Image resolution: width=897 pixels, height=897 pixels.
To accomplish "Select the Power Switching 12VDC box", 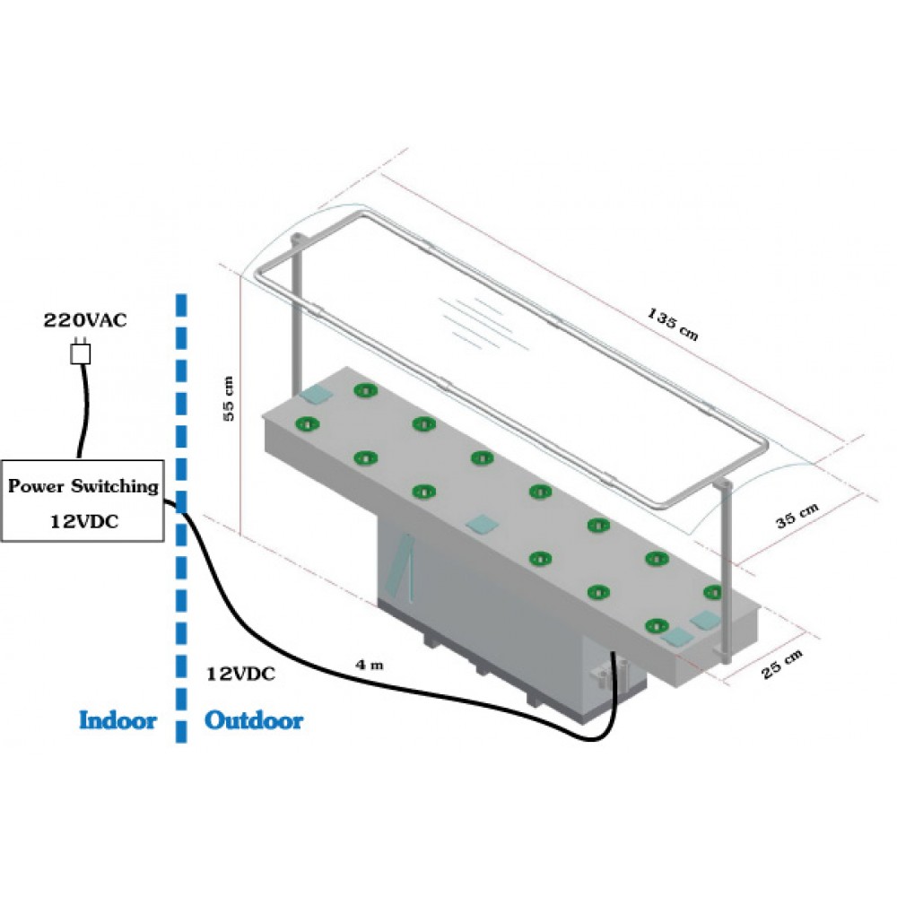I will [83, 501].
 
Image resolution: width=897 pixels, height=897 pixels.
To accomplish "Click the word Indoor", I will [118, 720].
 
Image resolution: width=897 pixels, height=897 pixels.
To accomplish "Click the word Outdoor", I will [254, 720].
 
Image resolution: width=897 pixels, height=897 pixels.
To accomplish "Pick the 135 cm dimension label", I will [672, 324].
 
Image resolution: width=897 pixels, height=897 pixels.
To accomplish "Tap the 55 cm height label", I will [230, 398].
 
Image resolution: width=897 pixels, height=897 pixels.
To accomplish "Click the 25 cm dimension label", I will [783, 666].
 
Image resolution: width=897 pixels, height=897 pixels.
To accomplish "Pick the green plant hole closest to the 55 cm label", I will [307, 423].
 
